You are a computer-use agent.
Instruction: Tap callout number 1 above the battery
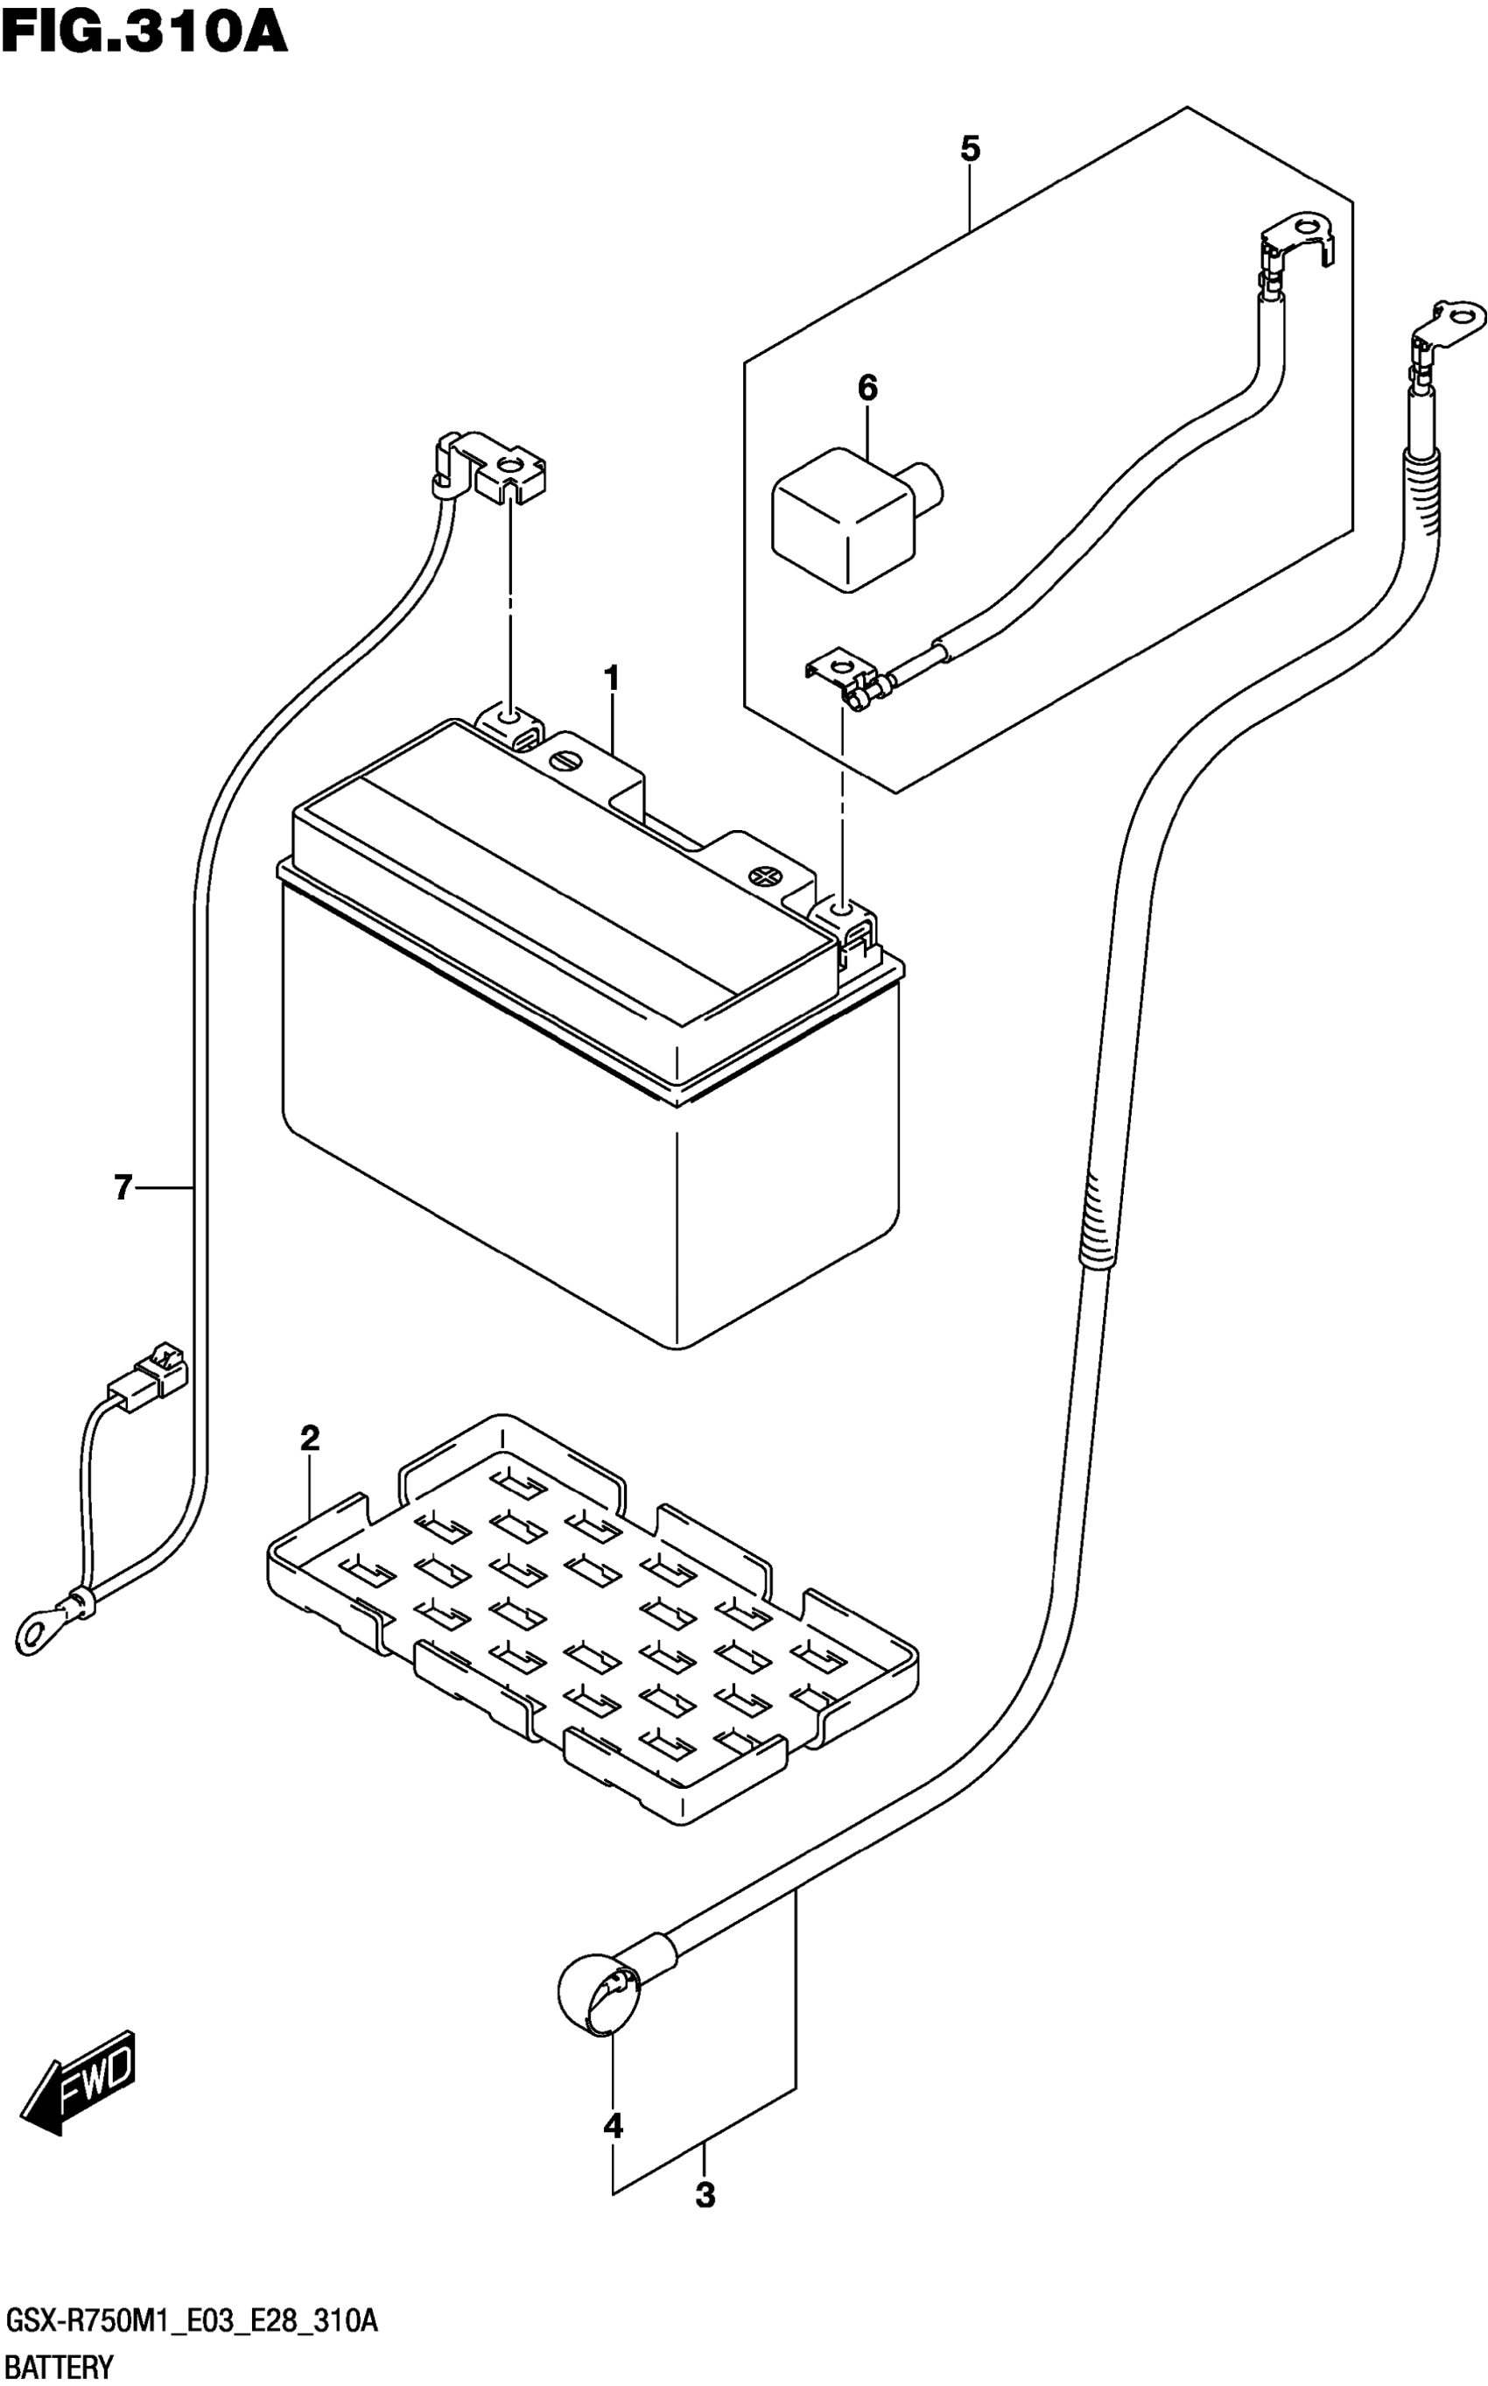611,679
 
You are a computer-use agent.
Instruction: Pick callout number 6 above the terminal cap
867,389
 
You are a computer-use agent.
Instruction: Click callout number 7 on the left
123,1188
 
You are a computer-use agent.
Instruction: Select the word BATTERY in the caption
59,2365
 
